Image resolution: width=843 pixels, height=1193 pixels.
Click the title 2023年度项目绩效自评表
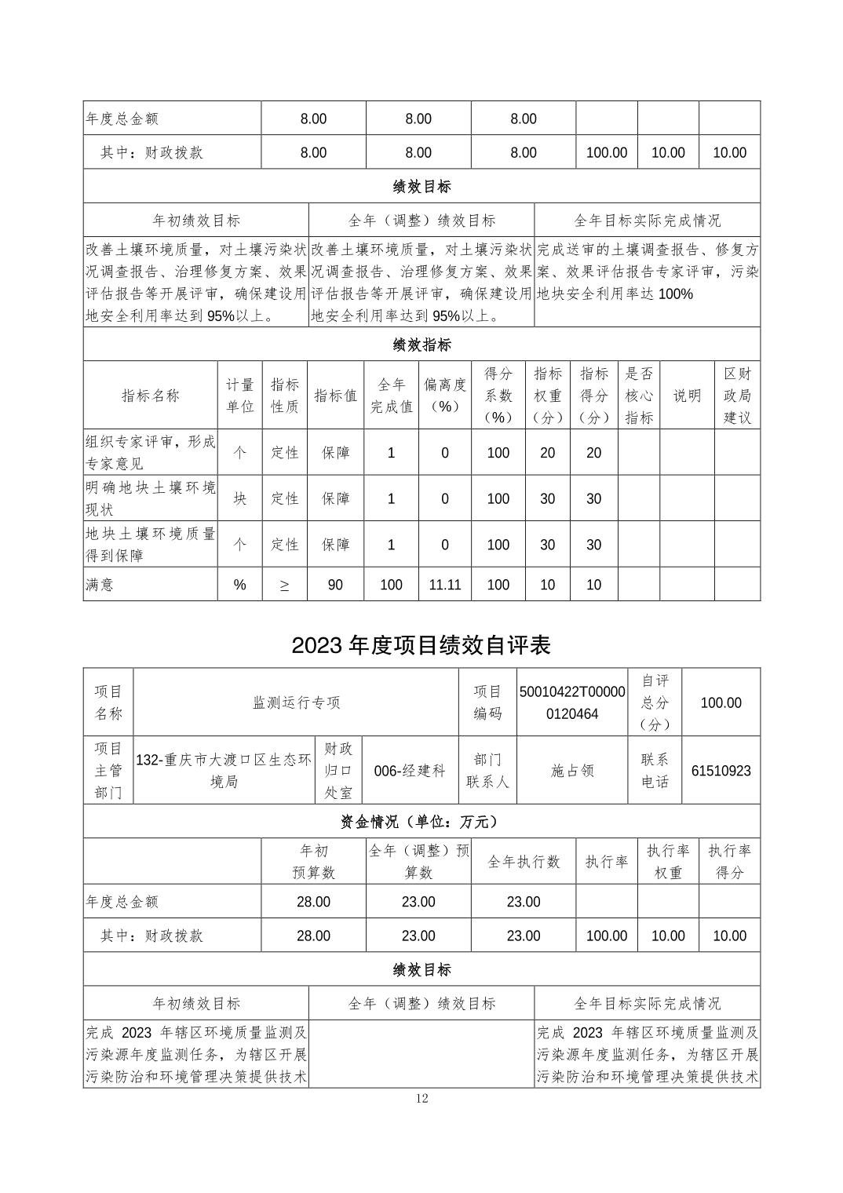coord(421,645)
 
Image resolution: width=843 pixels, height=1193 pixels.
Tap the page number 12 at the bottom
coord(421,1098)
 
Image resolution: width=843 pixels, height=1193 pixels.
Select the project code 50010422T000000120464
coord(572,702)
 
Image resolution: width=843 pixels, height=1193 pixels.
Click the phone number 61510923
coord(721,771)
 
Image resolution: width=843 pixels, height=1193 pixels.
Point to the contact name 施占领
coord(572,771)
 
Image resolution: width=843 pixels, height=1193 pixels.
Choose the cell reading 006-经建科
coord(410,771)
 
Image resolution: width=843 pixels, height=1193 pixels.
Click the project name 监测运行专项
coord(296,702)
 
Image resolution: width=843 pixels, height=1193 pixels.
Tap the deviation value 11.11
coord(444,585)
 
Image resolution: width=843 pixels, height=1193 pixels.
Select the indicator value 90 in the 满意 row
coord(335,585)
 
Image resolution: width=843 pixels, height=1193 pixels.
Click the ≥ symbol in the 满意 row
coord(284,585)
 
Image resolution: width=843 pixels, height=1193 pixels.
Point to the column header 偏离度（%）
coord(444,396)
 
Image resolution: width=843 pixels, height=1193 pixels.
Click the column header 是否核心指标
coord(639,396)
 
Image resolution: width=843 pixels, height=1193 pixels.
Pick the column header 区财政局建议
coord(737,396)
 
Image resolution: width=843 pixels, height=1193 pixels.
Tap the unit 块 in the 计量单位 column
coord(239,498)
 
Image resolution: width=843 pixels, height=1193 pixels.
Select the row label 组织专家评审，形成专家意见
coord(150,453)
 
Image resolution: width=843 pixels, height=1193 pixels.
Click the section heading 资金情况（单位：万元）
coord(421,822)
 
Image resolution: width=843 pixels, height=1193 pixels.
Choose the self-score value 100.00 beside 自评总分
coord(721,702)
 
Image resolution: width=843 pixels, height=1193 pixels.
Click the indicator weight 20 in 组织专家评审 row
coord(547,453)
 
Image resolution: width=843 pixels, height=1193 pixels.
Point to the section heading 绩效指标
coord(421,345)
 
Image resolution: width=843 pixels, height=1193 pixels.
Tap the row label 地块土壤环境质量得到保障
coord(150,545)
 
